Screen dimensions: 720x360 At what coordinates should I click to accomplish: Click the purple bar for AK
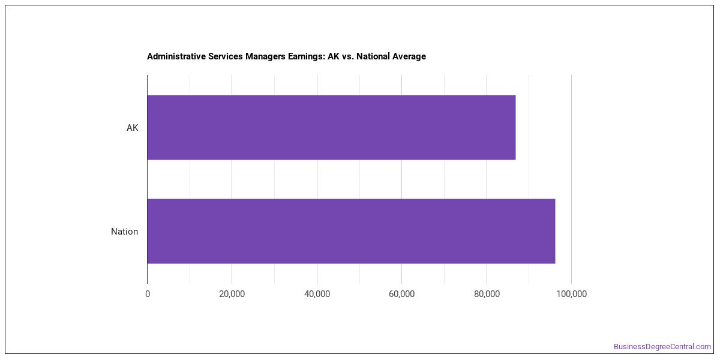click(331, 127)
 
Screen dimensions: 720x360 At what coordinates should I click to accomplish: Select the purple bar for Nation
click(352, 231)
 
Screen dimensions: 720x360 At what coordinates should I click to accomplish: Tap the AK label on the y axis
click(132, 128)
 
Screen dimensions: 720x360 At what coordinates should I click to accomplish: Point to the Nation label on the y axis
click(124, 232)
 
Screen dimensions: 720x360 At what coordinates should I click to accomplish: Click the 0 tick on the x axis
click(148, 294)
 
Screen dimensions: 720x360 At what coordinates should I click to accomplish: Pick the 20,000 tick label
click(232, 294)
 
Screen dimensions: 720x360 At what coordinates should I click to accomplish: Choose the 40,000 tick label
click(317, 294)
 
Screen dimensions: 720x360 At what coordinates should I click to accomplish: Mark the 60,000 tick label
click(401, 294)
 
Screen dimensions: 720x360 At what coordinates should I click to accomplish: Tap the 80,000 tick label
click(487, 294)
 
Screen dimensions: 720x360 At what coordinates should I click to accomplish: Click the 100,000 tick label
click(571, 294)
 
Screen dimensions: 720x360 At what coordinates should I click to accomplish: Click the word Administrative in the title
click(176, 56)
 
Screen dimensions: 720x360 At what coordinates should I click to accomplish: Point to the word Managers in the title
click(265, 57)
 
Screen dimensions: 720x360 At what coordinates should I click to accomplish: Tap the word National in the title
click(373, 56)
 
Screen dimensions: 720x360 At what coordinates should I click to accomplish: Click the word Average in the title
click(409, 57)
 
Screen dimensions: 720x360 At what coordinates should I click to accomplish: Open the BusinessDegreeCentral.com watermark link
click(662, 347)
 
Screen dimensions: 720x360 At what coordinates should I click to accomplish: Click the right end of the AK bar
click(515, 127)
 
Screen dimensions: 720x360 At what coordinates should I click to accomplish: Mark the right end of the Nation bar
click(555, 231)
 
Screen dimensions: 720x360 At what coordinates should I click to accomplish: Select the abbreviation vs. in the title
click(348, 57)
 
